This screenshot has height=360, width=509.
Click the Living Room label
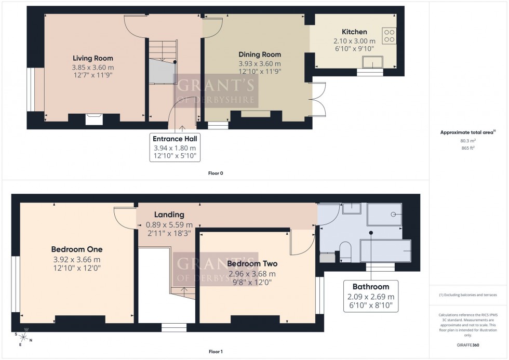coord(92,58)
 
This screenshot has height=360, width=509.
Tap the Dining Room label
coord(260,55)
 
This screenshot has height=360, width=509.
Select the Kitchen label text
coord(354,32)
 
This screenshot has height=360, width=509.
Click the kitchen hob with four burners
coord(389,35)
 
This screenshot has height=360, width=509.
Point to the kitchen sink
coord(372,63)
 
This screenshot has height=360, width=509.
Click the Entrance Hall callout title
coord(175,139)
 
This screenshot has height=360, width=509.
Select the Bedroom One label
coord(76,249)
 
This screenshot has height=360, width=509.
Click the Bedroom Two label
coord(252,264)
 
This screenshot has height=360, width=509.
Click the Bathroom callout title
coord(371,286)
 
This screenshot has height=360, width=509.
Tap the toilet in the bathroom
coord(345,250)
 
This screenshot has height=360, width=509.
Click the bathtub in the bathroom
coord(385,250)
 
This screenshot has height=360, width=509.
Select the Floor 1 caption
coord(216,352)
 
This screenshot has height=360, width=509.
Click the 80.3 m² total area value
coord(469,140)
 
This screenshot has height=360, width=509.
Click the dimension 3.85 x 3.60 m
coord(92,67)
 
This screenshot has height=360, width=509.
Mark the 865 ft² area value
coord(469,148)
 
